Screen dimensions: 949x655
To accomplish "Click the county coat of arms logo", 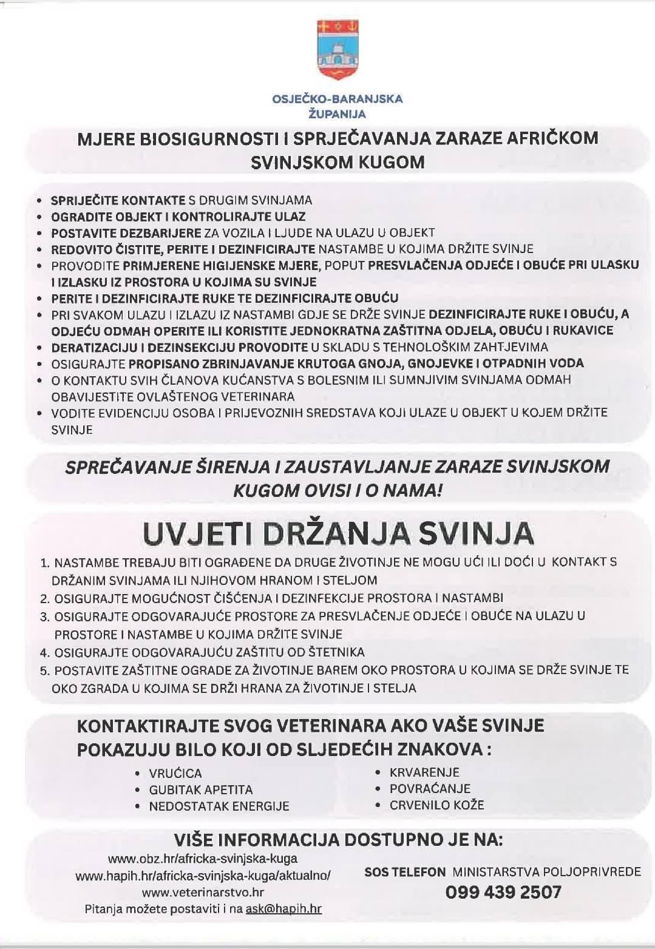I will click(338, 50).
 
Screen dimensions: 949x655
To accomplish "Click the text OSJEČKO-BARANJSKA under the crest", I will click(338, 99).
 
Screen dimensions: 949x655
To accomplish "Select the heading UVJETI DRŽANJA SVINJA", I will click(338, 534).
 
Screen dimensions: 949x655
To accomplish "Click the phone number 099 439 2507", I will click(503, 892).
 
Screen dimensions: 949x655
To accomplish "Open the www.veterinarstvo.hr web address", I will click(203, 892).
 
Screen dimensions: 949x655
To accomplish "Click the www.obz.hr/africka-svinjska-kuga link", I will click(203, 859).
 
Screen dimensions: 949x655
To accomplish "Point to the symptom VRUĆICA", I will click(175, 774).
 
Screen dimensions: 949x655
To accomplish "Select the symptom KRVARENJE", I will click(424, 772).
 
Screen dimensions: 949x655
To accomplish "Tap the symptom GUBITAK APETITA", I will click(201, 790).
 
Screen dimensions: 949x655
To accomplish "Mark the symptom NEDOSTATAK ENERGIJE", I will click(219, 806).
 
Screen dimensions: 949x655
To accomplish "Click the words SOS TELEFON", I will click(405, 872).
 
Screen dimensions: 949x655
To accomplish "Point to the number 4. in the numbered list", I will click(44, 653).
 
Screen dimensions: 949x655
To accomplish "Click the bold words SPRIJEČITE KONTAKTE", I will click(118, 200).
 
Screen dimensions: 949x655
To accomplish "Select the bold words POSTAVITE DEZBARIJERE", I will click(126, 232).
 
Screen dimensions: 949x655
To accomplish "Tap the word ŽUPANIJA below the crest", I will click(338, 113).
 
